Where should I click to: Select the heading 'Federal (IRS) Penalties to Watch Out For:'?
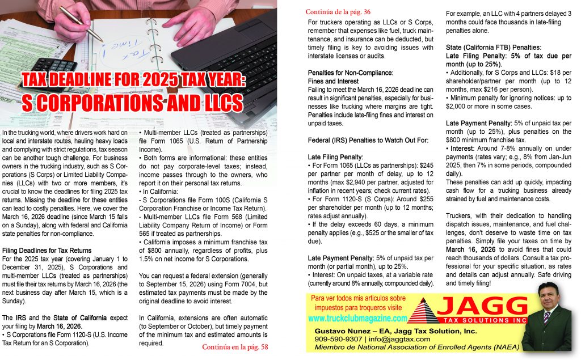360,139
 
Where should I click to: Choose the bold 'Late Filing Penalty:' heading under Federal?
335,156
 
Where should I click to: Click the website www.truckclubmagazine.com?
358,319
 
